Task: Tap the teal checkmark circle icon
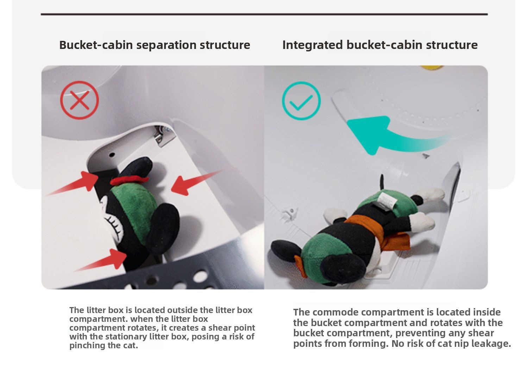pyautogui.click(x=301, y=82)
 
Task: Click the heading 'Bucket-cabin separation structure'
pyautogui.click(x=155, y=45)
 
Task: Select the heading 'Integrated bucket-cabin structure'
pyautogui.click(x=380, y=45)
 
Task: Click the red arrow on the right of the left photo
pyautogui.click(x=197, y=182)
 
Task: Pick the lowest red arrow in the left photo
pyautogui.click(x=101, y=260)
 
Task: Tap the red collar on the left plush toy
pyautogui.click(x=129, y=180)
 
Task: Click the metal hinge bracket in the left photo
pyautogui.click(x=163, y=136)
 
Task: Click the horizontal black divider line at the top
pyautogui.click(x=264, y=14)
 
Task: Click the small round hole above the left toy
pyautogui.click(x=112, y=155)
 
